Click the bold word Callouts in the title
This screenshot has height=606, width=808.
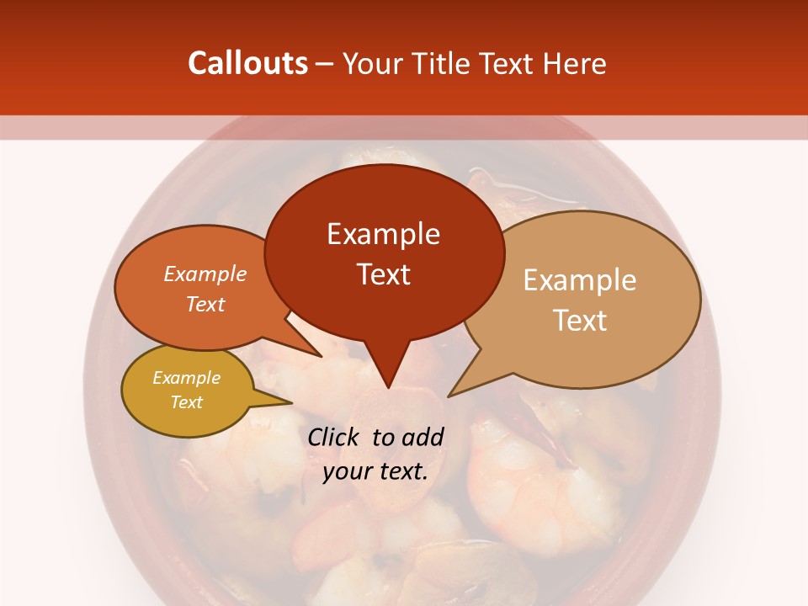coord(248,63)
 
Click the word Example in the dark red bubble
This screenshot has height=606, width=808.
coord(383,234)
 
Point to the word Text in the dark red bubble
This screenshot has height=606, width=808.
coord(383,274)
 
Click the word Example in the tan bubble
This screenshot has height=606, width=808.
coord(580,280)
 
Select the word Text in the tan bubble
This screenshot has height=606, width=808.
coord(580,321)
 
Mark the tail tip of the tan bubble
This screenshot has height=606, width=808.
coord(449,396)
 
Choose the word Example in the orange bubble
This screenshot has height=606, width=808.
coord(205,274)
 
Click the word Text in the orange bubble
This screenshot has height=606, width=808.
coord(205,304)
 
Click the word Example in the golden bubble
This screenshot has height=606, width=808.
coord(186,378)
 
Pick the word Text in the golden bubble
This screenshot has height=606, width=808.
coord(186,402)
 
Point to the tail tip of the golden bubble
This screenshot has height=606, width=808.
coord(291,403)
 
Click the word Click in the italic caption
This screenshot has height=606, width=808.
coord(335,437)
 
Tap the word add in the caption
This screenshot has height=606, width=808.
coord(423,437)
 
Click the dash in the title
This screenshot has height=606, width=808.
coord(326,63)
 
